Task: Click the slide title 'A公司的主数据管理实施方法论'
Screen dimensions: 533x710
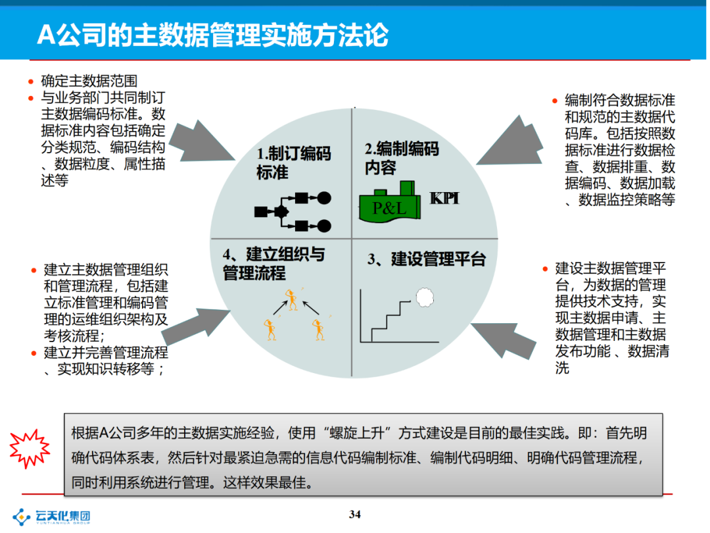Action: [x=212, y=35]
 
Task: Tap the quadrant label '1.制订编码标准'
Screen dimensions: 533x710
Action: [x=293, y=163]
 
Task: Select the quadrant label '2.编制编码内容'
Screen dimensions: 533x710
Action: [x=401, y=158]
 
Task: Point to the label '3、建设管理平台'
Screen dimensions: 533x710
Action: [x=426, y=259]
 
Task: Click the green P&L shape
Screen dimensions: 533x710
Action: [x=390, y=203]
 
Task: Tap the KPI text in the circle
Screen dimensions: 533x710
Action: [x=444, y=198]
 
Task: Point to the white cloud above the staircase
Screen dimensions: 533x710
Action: [x=425, y=297]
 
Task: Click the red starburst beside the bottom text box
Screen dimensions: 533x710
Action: [x=30, y=448]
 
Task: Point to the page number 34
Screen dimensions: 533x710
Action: [x=355, y=515]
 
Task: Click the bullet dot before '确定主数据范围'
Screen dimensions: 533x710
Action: [x=30, y=82]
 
